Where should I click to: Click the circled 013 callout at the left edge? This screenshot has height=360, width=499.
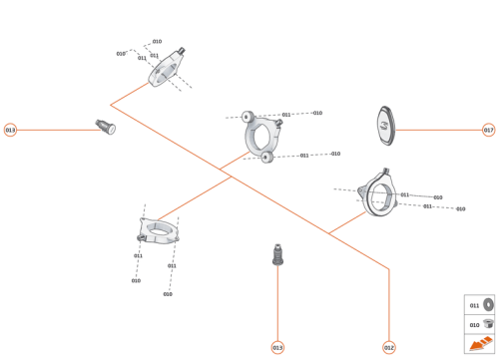point(10,130)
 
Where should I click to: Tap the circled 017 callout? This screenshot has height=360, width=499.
point(488,130)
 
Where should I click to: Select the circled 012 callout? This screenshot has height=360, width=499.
point(389,347)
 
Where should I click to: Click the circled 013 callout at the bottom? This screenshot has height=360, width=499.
point(277,347)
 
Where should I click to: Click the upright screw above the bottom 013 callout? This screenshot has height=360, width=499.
point(278,255)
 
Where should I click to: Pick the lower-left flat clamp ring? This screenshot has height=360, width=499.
point(158,231)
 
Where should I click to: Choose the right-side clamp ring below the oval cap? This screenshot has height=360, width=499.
point(379,193)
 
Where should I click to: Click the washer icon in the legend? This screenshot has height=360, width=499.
point(488,305)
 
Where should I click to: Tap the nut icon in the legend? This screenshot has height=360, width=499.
point(488,324)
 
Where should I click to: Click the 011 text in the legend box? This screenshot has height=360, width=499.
point(474,305)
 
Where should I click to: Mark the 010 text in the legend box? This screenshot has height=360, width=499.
point(474,324)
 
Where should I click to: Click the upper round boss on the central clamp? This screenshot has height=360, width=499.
point(247,117)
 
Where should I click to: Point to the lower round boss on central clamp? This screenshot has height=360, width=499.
point(266,157)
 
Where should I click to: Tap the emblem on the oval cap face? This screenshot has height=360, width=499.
point(384,126)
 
